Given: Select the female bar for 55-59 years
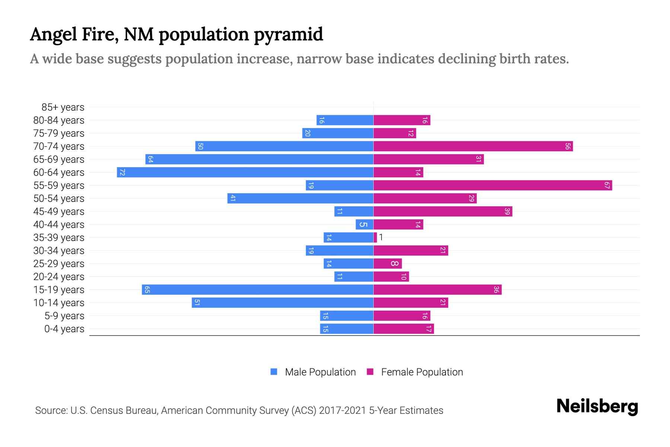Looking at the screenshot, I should (492, 186).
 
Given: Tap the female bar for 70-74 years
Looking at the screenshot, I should (473, 146).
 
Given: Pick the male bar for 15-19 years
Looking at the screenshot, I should (258, 290).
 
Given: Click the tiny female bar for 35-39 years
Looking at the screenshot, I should (375, 238).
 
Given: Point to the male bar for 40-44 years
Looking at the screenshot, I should (364, 225).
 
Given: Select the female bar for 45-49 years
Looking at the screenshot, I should (443, 212).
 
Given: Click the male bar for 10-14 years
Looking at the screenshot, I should (283, 303).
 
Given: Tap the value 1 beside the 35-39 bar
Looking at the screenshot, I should (381, 237).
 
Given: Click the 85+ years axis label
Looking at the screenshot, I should (63, 107).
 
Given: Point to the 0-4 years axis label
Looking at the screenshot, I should (64, 329).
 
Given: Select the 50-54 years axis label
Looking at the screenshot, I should (59, 199).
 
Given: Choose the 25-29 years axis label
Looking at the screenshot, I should (59, 264).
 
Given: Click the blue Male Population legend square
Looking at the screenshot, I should (274, 372).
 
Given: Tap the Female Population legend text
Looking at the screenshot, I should (422, 372).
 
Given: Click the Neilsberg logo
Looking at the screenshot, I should (597, 406).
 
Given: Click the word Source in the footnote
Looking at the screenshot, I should (51, 410).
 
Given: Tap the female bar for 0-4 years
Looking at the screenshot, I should (403, 329).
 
